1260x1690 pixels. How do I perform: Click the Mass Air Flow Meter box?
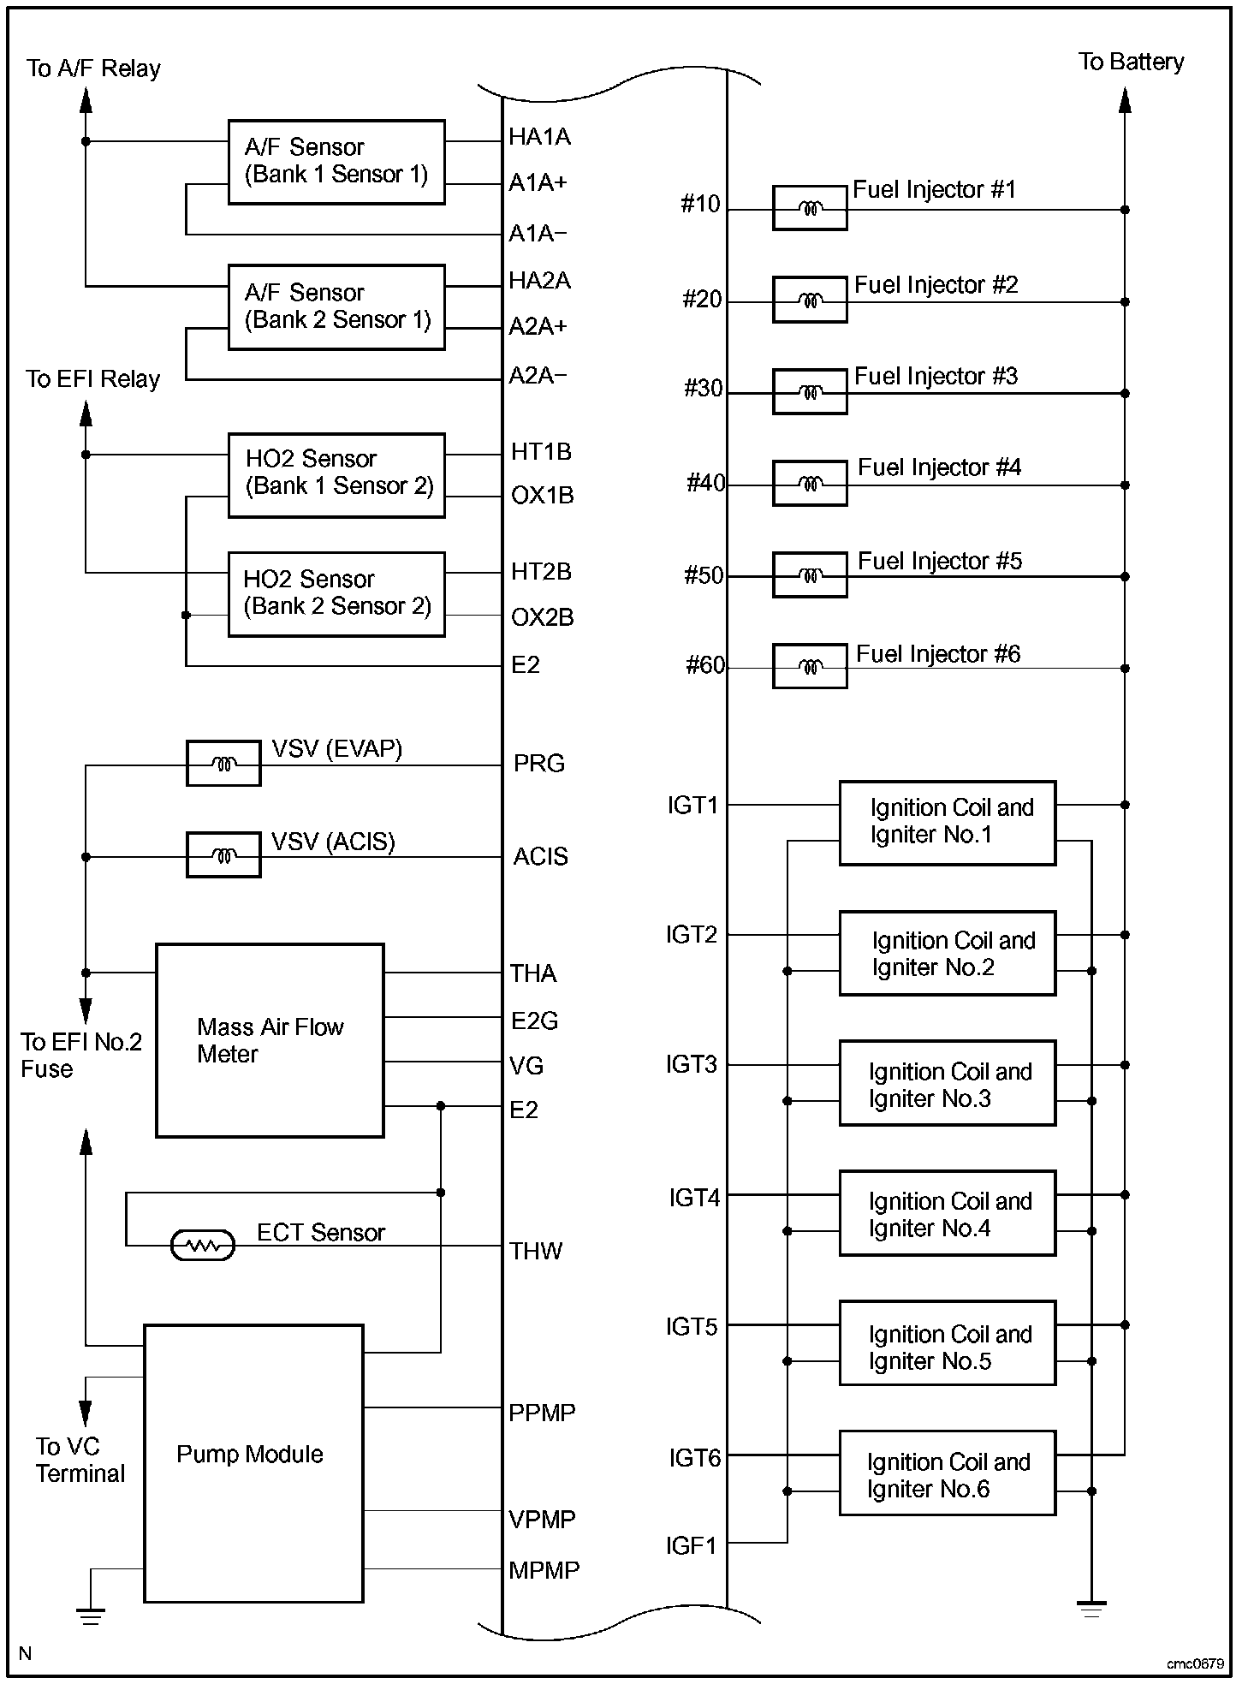270,1040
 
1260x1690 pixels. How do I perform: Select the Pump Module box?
253,1463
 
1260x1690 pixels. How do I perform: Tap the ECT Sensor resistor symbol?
203,1246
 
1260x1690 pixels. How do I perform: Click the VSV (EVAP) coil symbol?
223,764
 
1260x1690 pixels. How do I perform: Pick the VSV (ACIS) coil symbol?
223,855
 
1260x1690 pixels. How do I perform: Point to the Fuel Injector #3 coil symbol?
810,392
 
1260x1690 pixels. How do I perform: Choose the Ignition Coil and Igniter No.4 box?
947,1213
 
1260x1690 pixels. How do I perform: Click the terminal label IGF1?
691,1545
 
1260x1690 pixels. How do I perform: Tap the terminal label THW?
536,1251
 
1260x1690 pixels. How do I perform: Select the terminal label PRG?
538,763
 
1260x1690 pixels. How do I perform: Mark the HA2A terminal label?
539,280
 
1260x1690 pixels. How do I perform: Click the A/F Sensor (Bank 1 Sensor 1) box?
336,162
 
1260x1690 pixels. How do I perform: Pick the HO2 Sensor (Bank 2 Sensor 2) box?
336,593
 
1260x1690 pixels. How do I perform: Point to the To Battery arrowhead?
1125,100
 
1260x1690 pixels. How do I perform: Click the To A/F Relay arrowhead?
86,100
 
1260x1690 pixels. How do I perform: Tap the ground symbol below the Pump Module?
90,1616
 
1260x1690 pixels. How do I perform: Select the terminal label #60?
704,665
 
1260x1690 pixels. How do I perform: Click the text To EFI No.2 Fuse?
80,1055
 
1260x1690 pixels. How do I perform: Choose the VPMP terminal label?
542,1519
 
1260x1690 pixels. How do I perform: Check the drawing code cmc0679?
1194,1663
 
